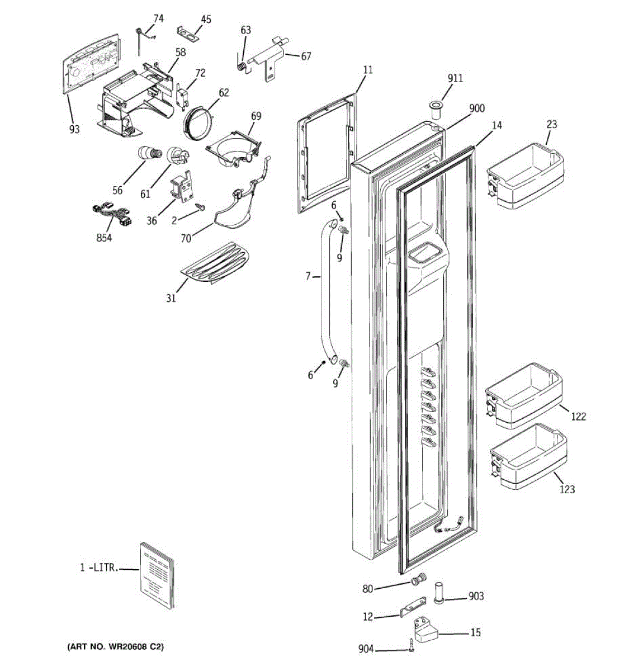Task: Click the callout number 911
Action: click(455, 78)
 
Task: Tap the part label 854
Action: click(103, 238)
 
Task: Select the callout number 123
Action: click(566, 490)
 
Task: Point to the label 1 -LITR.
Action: click(99, 568)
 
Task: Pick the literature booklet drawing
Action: click(156, 575)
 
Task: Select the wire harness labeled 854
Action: click(111, 214)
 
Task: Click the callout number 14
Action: click(496, 125)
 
